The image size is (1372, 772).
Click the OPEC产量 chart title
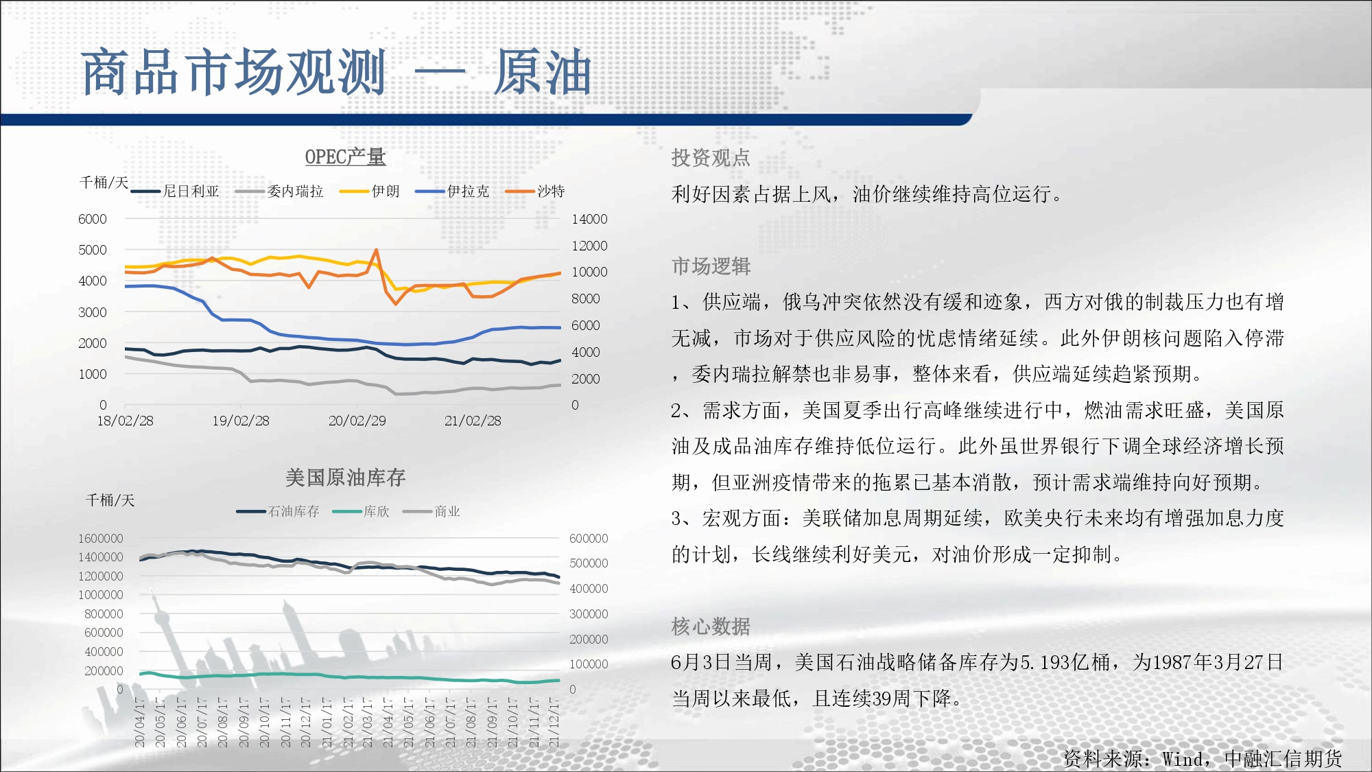click(x=345, y=157)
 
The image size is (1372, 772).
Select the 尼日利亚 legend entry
click(x=175, y=191)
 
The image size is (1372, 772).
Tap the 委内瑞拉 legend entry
click(x=279, y=191)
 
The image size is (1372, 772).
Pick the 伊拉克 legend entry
click(x=452, y=191)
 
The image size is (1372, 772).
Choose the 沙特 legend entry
click(x=535, y=191)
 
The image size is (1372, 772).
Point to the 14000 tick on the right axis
click(x=589, y=219)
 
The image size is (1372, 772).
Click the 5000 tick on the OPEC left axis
click(x=93, y=250)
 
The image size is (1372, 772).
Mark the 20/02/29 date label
click(x=357, y=421)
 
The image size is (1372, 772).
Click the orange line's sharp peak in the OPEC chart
click(x=376, y=250)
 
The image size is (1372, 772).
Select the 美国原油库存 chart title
click(x=345, y=478)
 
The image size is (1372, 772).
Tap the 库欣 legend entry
click(x=361, y=512)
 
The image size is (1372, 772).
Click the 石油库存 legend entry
click(x=278, y=512)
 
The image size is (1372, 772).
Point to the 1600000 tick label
click(x=100, y=539)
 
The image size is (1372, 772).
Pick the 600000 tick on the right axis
click(x=589, y=539)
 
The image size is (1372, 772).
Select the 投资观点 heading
click(x=711, y=158)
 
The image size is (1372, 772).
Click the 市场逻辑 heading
click(x=711, y=266)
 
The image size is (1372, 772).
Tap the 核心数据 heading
click(x=711, y=627)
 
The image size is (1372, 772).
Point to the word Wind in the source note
click(x=1182, y=759)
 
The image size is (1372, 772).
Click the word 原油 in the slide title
click(x=543, y=72)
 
